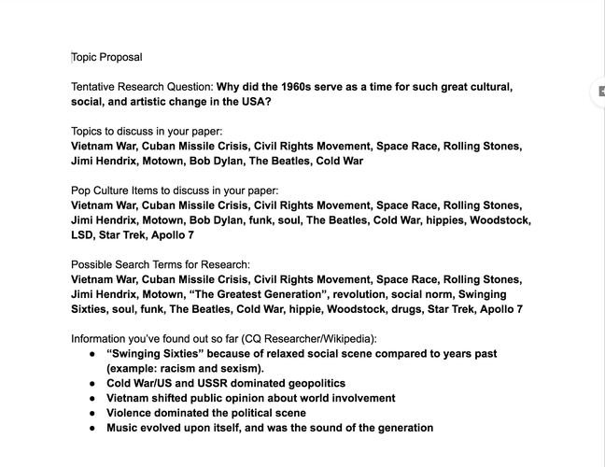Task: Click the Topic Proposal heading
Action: tap(106, 57)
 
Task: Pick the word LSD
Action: tap(84, 234)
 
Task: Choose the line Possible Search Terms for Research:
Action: tap(161, 264)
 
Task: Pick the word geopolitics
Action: tap(312, 383)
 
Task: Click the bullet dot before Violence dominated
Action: tap(91, 413)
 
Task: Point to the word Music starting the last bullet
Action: tap(124, 428)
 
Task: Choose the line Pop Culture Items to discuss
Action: tap(175, 191)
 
